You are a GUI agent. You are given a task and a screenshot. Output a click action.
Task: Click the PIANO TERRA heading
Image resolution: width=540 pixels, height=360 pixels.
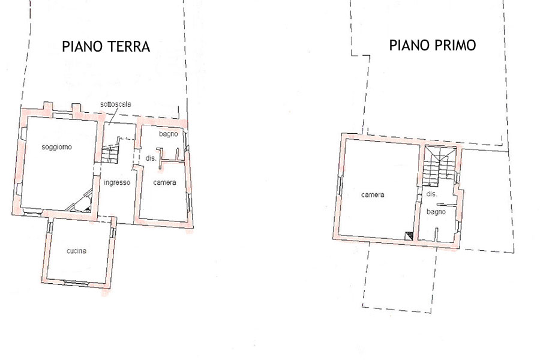click(x=106, y=47)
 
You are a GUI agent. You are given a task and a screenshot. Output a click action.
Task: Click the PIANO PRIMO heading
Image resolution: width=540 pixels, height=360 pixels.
click(x=433, y=45)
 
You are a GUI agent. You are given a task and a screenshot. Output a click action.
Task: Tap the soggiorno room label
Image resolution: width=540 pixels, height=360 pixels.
click(x=57, y=148)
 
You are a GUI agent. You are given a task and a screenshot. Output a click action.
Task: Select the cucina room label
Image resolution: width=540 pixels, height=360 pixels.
click(x=76, y=251)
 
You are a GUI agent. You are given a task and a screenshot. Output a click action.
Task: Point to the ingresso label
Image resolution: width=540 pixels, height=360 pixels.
click(x=117, y=182)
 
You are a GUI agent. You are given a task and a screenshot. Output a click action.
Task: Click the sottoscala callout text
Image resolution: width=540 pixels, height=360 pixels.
click(x=116, y=104)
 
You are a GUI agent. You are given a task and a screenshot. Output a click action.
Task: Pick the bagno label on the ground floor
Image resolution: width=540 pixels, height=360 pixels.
click(x=169, y=134)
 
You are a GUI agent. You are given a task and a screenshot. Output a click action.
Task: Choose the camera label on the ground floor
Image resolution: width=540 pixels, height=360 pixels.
click(x=164, y=182)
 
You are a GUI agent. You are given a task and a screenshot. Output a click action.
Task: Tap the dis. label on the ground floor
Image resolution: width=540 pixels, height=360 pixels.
click(x=151, y=158)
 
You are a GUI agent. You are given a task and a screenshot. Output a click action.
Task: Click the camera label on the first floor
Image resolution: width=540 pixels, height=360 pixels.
click(x=373, y=195)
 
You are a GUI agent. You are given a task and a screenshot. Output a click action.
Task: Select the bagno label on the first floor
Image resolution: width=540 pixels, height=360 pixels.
click(x=436, y=212)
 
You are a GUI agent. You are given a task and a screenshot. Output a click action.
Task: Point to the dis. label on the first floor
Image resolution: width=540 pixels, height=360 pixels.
click(x=431, y=194)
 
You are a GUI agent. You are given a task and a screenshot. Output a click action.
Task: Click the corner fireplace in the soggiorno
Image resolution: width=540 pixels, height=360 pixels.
click(x=80, y=202)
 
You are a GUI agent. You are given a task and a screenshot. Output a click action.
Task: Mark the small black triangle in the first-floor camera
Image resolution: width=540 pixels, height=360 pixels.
click(x=409, y=236)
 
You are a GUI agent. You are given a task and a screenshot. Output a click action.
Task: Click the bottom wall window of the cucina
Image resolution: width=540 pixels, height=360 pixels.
click(x=76, y=283)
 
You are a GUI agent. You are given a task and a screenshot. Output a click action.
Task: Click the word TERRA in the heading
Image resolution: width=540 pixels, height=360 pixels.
click(x=129, y=47)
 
